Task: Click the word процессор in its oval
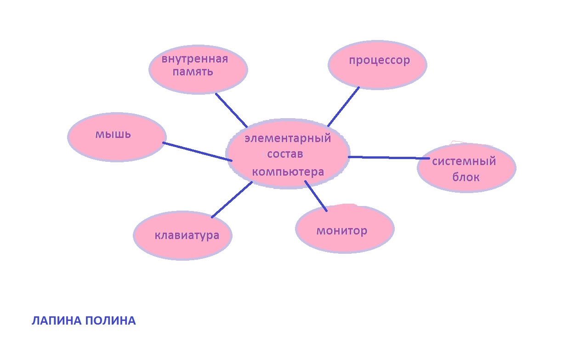(379, 61)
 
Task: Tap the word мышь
(113, 134)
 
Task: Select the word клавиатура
(187, 235)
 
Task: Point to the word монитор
(342, 230)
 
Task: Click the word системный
(464, 161)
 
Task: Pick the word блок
(466, 177)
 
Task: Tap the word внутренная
(195, 59)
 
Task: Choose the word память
(193, 72)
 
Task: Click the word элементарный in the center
(288, 138)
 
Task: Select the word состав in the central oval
(285, 154)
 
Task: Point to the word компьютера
(288, 172)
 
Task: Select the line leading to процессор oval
(343, 106)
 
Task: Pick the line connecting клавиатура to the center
(232, 200)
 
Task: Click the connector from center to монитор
(316, 196)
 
